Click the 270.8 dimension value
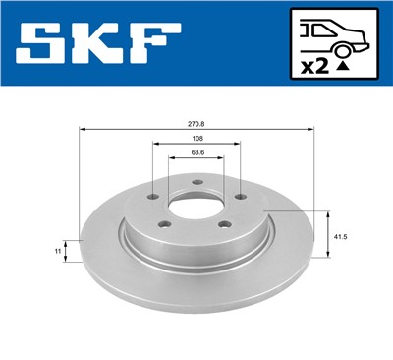tap(196, 122)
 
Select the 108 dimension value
tap(196, 139)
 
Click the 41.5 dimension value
tap(339, 237)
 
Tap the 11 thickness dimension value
tap(59, 251)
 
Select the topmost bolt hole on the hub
tap(196, 182)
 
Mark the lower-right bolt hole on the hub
tap(223, 228)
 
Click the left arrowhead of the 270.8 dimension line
tap(83, 129)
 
